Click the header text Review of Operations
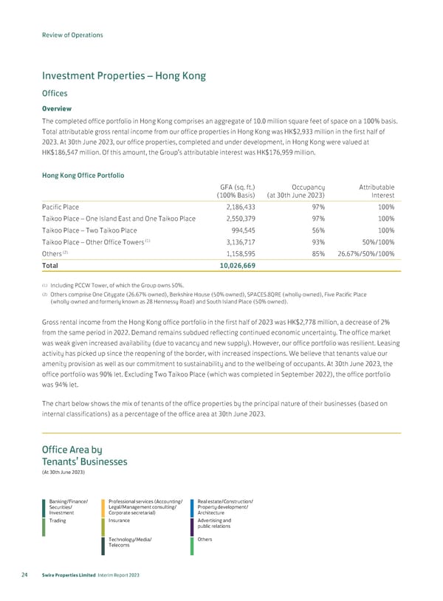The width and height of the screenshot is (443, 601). (72, 35)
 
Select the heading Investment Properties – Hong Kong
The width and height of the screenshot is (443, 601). (123, 75)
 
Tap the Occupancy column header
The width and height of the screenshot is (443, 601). (303, 188)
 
